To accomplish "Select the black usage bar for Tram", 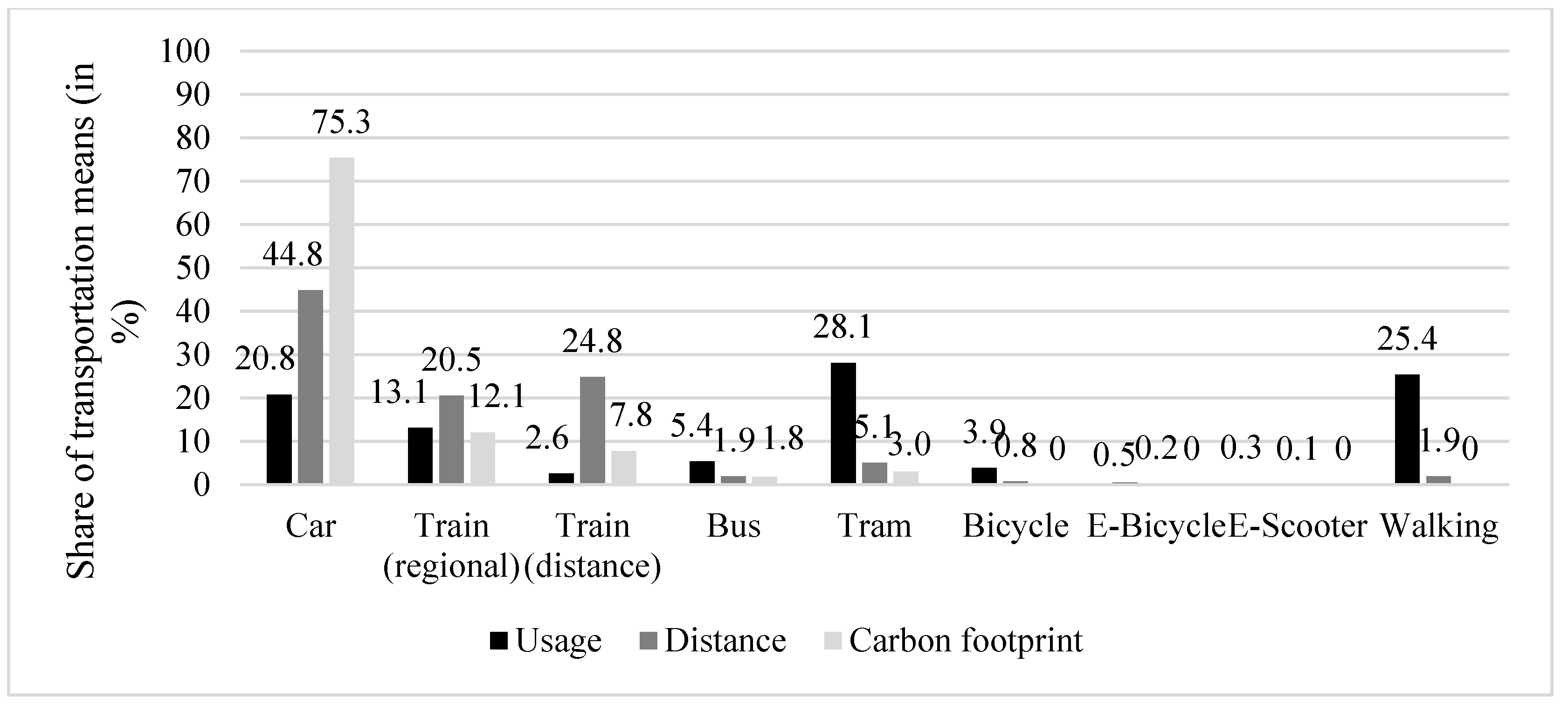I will click(x=843, y=422).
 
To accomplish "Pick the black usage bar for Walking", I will click(x=1407, y=429).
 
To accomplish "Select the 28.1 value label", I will click(x=843, y=327).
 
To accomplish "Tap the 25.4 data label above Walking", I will click(x=1407, y=339).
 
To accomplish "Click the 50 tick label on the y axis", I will click(x=193, y=269).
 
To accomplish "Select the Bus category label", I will click(x=733, y=526).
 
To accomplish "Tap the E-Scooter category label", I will click(x=1298, y=526).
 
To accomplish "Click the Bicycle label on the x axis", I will click(x=1015, y=526).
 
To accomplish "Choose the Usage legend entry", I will click(x=546, y=641).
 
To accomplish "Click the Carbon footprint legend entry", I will click(x=952, y=641).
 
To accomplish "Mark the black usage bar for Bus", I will click(x=702, y=472).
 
